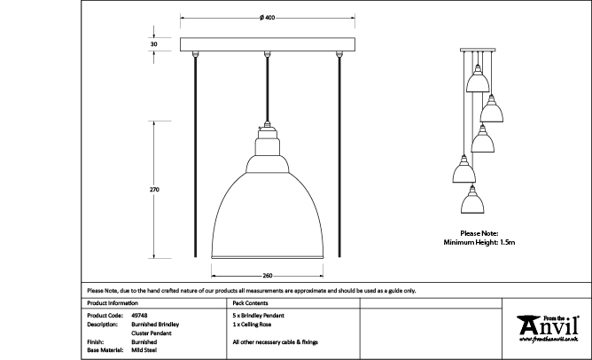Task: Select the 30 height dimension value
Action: [x=154, y=43]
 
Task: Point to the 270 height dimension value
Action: [x=154, y=190]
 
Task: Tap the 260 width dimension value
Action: [x=268, y=274]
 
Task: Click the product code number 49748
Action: [x=139, y=315]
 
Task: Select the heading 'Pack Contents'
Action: [x=251, y=302]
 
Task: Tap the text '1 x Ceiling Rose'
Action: [x=253, y=324]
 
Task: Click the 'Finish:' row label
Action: [x=97, y=341]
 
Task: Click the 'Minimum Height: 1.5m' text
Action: [x=479, y=241]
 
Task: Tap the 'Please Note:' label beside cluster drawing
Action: [x=479, y=232]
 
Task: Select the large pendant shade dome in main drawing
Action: [x=268, y=204]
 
